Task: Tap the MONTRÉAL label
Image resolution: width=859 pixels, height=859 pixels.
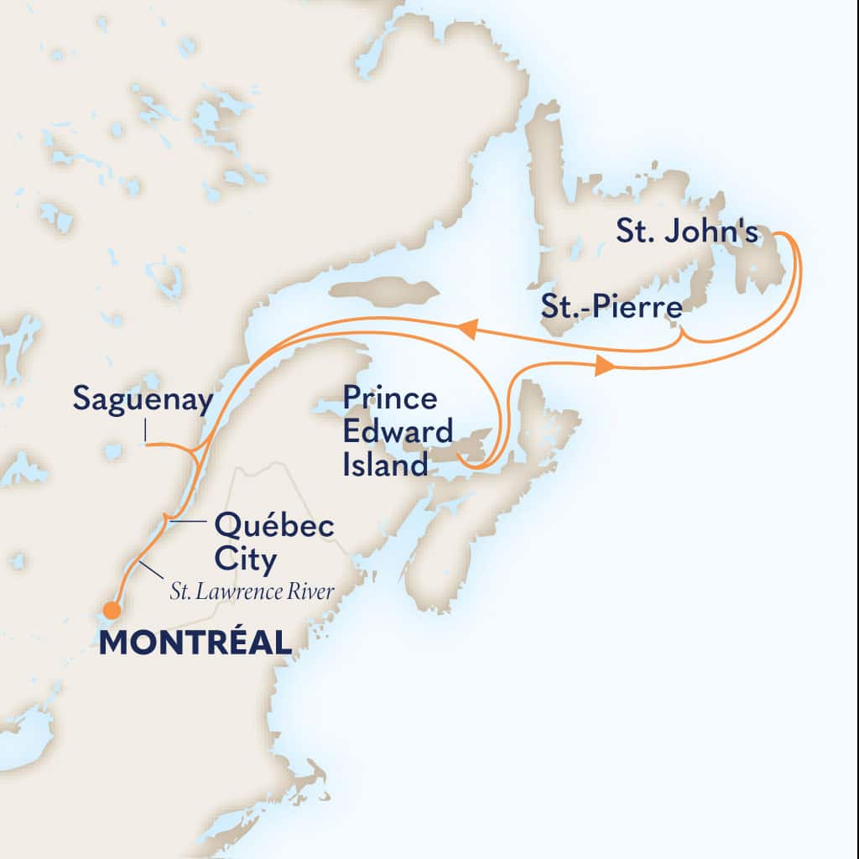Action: pyautogui.click(x=195, y=643)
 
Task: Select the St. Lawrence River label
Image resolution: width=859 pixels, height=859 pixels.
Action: pyautogui.click(x=252, y=592)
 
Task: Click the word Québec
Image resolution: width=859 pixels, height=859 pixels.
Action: pyautogui.click(x=274, y=528)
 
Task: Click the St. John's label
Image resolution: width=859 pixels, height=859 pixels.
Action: pyautogui.click(x=687, y=233)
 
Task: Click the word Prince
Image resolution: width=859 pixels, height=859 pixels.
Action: pyautogui.click(x=389, y=399)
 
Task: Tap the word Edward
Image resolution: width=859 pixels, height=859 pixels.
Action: pyautogui.click(x=397, y=432)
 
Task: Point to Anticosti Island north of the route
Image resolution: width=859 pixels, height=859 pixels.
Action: pyautogui.click(x=384, y=291)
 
